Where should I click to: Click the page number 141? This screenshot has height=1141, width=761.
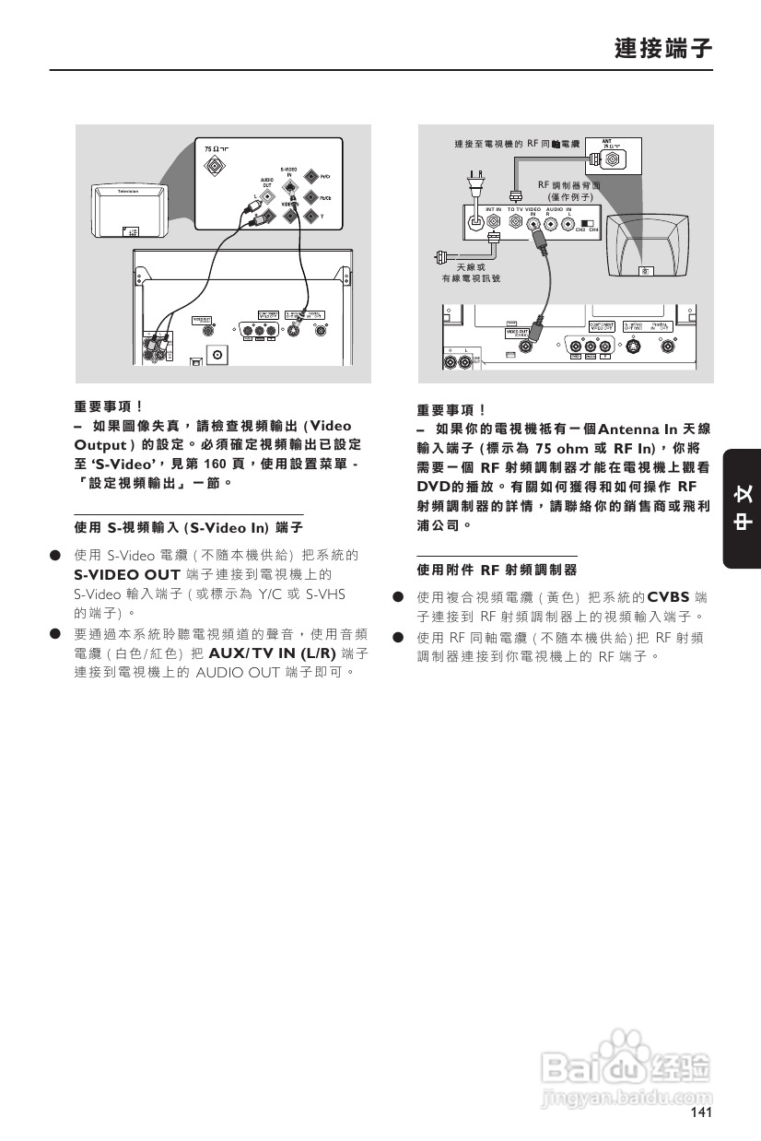tap(700, 1113)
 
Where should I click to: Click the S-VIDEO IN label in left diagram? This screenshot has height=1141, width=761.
tap(288, 171)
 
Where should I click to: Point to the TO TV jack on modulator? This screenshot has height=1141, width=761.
tap(515, 224)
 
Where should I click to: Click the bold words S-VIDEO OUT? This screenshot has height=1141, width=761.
tap(126, 574)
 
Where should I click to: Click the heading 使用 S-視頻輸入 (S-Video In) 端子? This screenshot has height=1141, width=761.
tap(188, 527)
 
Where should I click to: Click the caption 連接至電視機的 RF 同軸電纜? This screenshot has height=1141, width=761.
tap(516, 145)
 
